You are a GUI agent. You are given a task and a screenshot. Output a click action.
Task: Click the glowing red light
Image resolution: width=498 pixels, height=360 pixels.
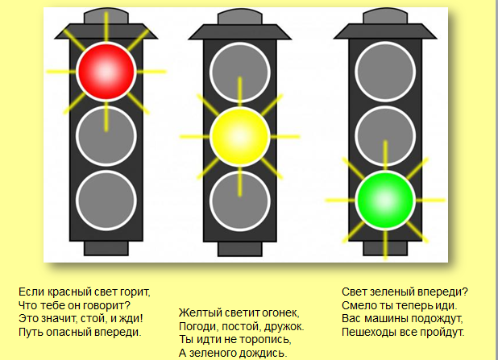106,72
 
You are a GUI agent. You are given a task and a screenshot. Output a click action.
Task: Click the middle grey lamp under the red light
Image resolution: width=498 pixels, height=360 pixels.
106,134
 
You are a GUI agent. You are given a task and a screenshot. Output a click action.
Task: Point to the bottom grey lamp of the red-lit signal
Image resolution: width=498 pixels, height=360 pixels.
106,197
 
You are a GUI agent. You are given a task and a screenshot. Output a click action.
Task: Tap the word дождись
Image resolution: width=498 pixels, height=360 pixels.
265,353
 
